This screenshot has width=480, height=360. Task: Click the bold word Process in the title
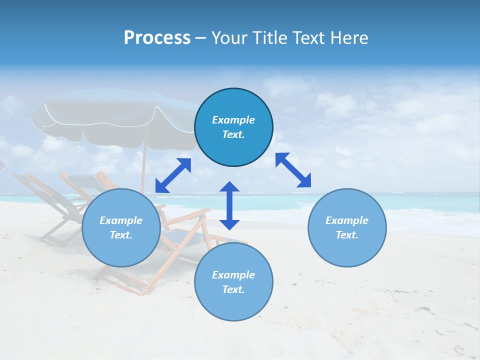tap(157, 38)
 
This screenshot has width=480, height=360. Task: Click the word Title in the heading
tap(269, 38)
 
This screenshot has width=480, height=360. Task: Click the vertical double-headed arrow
tap(229, 205)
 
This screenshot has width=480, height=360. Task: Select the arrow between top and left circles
tap(173, 175)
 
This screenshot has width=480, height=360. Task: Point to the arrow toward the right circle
tap(293, 170)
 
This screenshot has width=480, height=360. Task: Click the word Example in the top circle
tap(233, 120)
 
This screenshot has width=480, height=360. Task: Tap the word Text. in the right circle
tap(347, 235)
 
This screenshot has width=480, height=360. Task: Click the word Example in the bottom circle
tap(233, 275)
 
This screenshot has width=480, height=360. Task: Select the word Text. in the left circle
tap(121, 235)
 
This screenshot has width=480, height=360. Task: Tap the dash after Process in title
tap(200, 38)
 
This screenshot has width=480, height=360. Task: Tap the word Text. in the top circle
tap(233, 134)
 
